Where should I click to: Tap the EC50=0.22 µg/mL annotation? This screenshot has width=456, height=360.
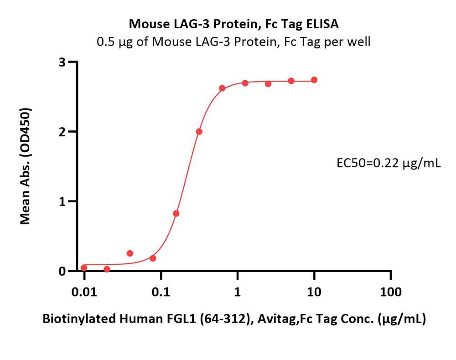388,163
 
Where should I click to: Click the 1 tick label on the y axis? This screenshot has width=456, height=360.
64,201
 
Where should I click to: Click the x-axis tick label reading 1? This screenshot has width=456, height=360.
238,292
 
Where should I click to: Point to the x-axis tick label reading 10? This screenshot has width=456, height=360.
314,292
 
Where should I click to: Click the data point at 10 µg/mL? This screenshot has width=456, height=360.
314,80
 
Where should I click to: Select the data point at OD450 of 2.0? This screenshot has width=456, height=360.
199,132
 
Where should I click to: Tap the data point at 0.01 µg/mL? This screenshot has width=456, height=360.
84,268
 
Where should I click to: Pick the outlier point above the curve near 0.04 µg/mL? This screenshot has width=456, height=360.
130,253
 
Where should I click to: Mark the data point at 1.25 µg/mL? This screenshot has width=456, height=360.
245,83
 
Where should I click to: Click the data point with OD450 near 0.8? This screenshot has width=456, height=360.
176,213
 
